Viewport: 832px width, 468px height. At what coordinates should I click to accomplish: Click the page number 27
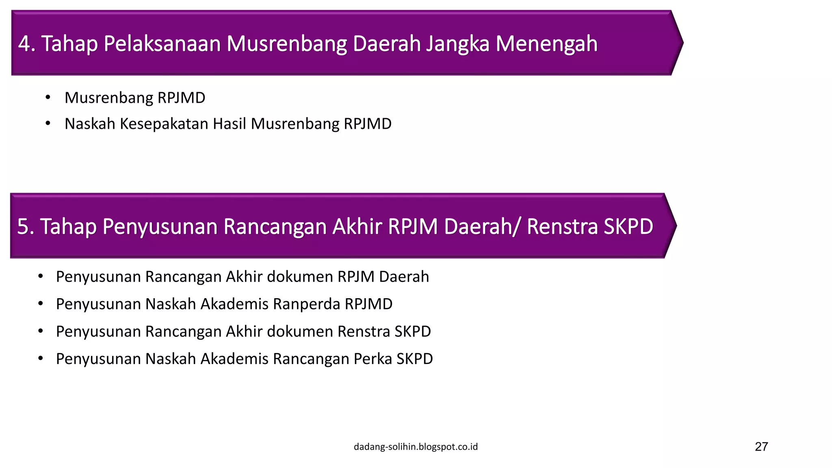(761, 446)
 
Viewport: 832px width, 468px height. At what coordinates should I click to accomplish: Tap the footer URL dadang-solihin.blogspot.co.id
(416, 447)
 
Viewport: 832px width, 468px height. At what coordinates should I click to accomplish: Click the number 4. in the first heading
(27, 43)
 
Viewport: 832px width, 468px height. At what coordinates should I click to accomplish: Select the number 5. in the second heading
(26, 226)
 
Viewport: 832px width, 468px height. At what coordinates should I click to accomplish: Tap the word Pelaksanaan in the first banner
(162, 43)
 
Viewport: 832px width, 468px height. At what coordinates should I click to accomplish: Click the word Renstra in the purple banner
(562, 226)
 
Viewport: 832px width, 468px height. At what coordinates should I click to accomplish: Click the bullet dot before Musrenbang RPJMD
(48, 97)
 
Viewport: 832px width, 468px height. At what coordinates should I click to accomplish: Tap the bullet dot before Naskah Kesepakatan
(48, 123)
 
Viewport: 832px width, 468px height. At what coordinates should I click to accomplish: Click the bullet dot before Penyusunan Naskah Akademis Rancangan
(40, 359)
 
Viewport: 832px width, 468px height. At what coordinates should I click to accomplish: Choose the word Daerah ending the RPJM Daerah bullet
(404, 277)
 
